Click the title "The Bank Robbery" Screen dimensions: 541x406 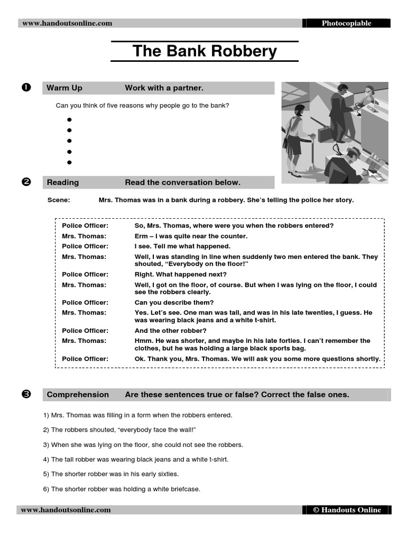tap(205, 51)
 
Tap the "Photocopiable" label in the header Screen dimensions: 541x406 tap(346, 23)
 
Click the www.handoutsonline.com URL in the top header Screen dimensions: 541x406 tap(67, 23)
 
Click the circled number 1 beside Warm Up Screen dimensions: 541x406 tap(26, 88)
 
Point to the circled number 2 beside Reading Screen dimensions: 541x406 tap(26, 182)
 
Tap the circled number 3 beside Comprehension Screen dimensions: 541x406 tap(26, 394)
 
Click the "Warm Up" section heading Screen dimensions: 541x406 tap(64, 88)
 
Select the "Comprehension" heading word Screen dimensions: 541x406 tap(78, 395)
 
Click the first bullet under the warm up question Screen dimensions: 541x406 tap(69, 120)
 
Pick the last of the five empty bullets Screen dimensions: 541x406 tap(69, 163)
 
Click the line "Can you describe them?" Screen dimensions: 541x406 tap(174, 303)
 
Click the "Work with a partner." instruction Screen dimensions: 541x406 tap(164, 88)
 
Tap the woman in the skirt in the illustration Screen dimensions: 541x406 tap(293, 137)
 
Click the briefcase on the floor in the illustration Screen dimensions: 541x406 tap(324, 134)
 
